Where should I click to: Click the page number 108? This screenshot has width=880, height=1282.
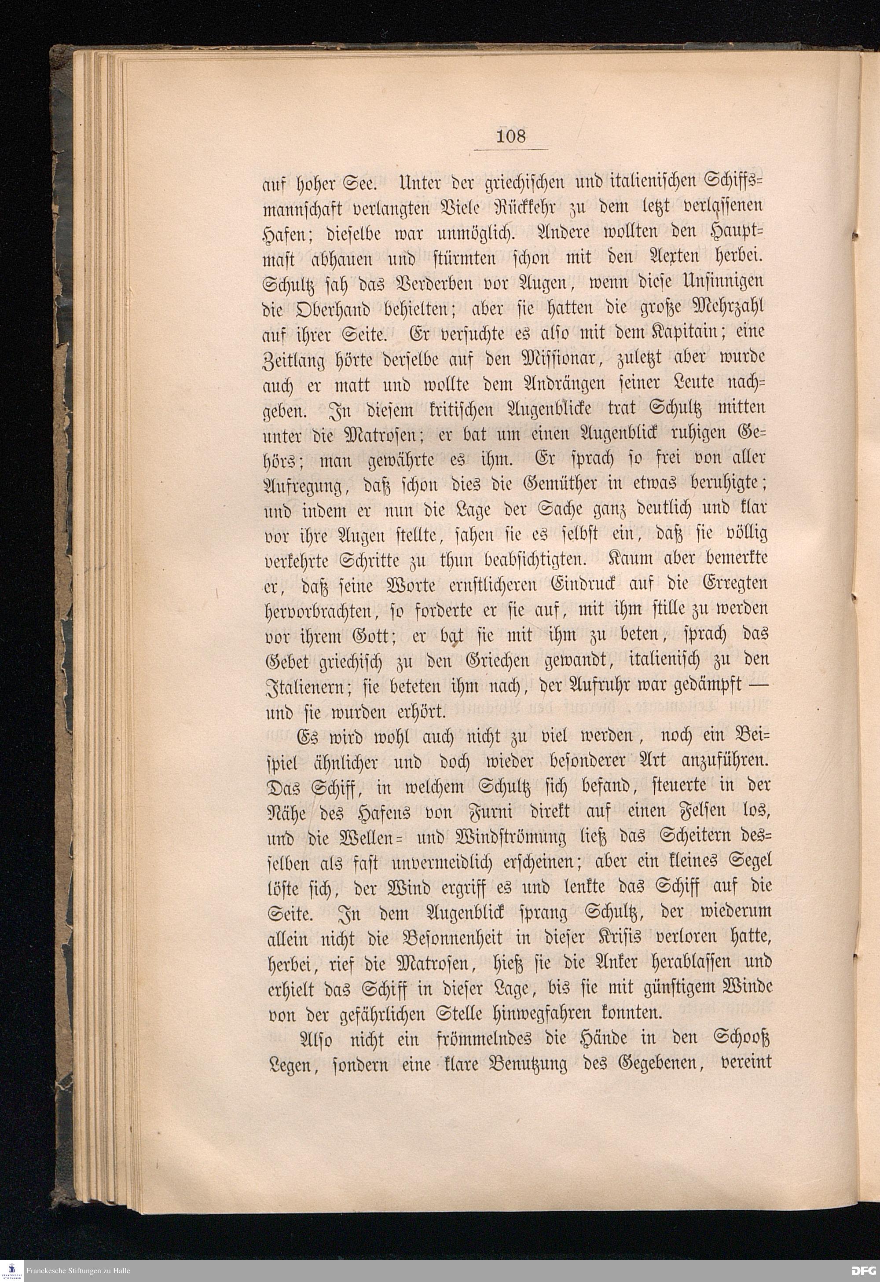(x=511, y=135)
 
